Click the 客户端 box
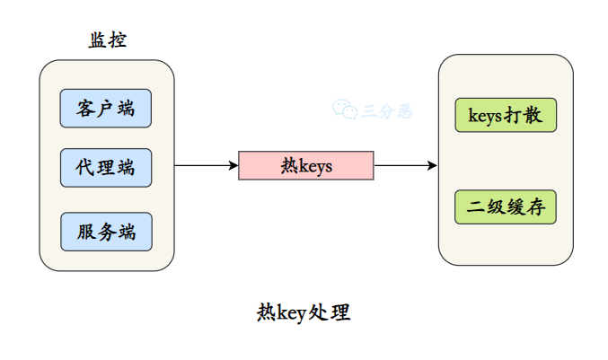106,110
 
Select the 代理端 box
106,168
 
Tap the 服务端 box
106,232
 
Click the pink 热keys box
305,166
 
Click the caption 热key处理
304,313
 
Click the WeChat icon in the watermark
345,110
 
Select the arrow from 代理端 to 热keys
205,166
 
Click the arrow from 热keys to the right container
404,166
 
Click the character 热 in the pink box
287,166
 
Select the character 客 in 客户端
86,110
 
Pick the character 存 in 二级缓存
535,208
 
